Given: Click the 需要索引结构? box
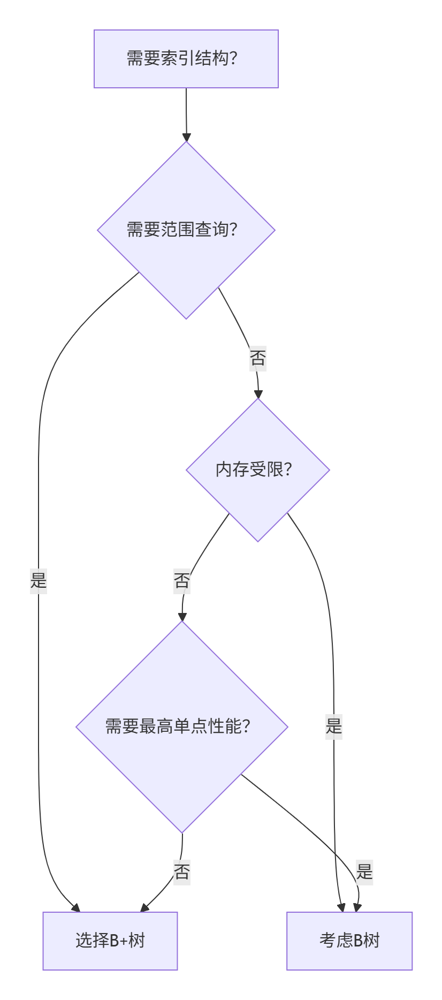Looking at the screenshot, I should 186,59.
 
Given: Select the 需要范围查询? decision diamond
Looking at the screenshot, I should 186,230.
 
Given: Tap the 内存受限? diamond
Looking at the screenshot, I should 257,469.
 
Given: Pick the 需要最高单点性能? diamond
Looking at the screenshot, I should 182,726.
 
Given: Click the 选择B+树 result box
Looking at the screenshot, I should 110,941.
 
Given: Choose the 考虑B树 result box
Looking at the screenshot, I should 349,941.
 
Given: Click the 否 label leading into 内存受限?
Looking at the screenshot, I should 258,358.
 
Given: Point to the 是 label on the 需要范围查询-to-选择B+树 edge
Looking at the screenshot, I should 39,580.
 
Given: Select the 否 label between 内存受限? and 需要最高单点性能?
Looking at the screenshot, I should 182,580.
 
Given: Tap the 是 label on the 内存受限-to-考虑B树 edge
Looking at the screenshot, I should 334,726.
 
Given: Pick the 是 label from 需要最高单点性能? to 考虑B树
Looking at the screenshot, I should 364,872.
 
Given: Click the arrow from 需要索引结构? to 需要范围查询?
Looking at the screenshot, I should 186,115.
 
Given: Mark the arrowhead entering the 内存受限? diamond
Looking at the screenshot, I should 258,395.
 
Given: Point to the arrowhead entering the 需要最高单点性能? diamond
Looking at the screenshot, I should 182,617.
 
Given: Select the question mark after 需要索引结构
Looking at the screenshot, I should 233,58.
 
